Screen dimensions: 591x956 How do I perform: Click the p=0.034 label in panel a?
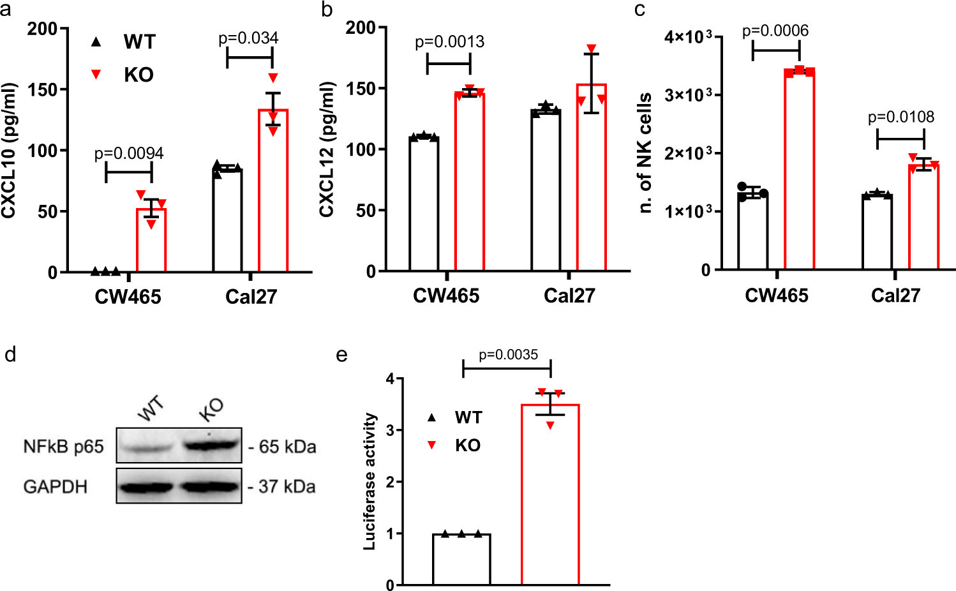(248, 38)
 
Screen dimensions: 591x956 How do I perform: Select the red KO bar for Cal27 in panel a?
(273, 191)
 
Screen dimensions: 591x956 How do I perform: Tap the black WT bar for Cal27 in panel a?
(227, 220)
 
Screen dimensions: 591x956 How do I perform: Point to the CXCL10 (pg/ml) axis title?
(9, 151)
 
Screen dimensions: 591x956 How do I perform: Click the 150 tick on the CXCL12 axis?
(361, 89)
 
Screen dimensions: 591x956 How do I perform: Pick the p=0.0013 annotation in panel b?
(449, 42)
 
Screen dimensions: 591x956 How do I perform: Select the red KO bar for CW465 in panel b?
(469, 182)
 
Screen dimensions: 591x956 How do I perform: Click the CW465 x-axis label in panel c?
(776, 295)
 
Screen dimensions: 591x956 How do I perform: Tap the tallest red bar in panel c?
(799, 169)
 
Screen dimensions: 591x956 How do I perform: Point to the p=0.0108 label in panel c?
(900, 117)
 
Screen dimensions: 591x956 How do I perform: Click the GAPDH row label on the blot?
(55, 487)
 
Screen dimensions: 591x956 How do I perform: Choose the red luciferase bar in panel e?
(550, 495)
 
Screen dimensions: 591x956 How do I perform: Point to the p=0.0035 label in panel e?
(508, 355)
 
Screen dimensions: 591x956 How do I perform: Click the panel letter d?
(10, 355)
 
